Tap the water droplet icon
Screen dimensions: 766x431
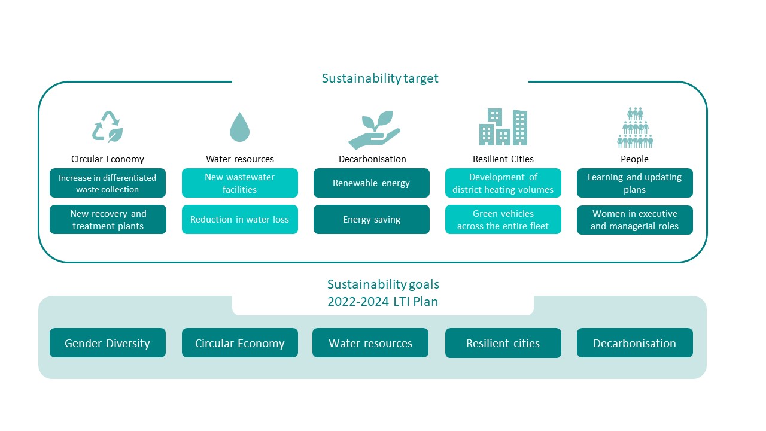coord(239,128)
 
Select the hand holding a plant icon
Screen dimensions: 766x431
coord(374,130)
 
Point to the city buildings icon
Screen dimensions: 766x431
coord(503,127)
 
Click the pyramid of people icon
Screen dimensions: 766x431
coord(635,128)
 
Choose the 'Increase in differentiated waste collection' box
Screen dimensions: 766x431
coord(108,183)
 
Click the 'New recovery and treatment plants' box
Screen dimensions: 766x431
coord(108,220)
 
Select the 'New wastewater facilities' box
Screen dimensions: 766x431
coord(240,183)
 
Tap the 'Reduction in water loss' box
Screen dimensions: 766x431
coord(240,220)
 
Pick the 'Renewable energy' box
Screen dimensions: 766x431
coord(372,183)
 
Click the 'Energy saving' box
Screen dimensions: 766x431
coord(372,220)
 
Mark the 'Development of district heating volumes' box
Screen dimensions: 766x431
coord(503,183)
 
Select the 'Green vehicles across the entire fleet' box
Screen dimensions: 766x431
coord(503,220)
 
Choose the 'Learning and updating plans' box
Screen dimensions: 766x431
coord(635,183)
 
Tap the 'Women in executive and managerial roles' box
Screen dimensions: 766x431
coord(635,220)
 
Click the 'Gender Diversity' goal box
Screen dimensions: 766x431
coord(108,343)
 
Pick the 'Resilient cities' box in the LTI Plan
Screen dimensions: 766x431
coord(503,343)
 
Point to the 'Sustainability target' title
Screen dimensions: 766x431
coord(380,78)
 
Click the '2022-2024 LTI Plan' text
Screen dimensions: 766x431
coord(382,302)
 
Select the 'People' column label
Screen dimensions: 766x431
coord(634,159)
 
